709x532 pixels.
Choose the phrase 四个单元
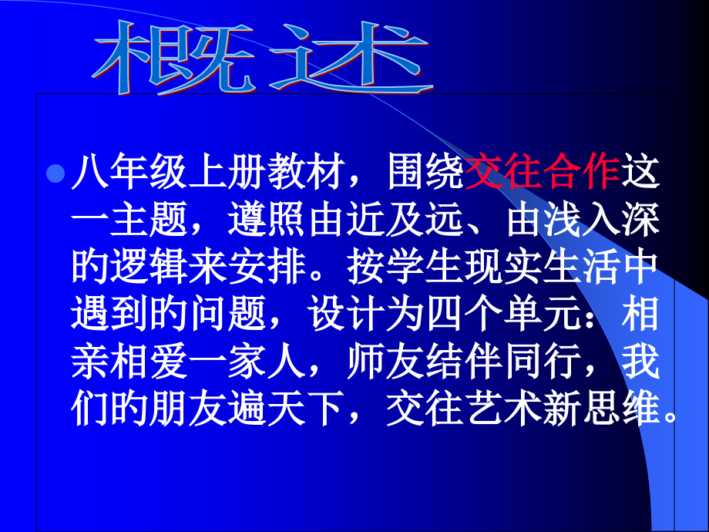(x=502, y=316)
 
